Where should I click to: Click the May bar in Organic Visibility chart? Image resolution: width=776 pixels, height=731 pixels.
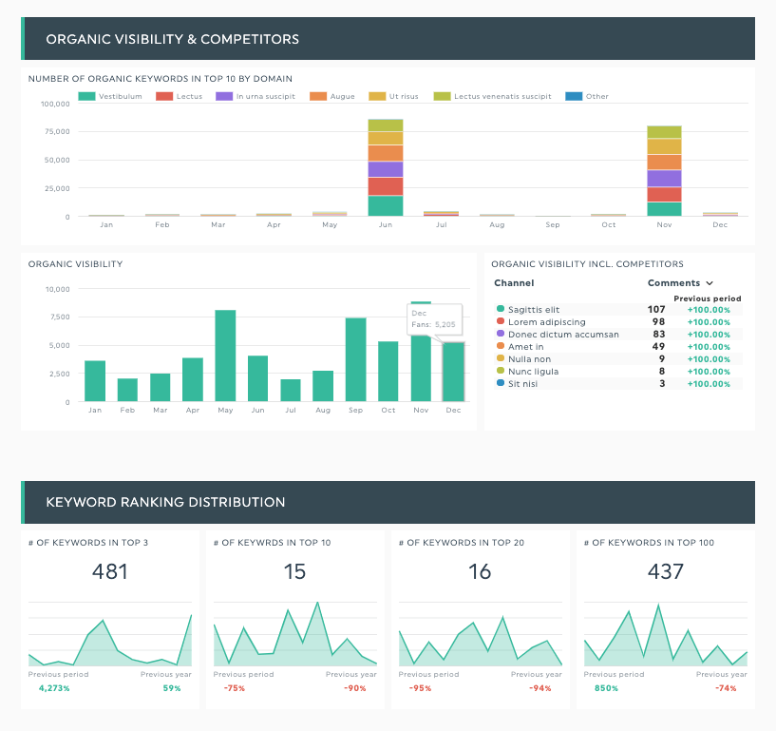point(225,356)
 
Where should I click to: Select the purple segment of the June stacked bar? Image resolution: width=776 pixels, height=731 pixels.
point(386,169)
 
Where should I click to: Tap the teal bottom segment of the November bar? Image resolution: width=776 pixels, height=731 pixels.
point(664,209)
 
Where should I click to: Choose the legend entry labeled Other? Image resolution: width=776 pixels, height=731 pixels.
point(588,96)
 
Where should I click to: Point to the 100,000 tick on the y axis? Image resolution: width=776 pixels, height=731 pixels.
point(54,104)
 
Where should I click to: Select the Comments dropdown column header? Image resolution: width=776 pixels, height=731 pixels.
point(679,283)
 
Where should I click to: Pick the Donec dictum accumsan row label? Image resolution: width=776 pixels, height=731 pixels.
point(563,334)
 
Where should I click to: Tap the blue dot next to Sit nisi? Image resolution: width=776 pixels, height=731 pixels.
point(501,383)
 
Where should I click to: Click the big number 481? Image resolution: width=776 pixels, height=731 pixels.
point(110,571)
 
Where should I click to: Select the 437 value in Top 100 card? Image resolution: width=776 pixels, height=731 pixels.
point(666,571)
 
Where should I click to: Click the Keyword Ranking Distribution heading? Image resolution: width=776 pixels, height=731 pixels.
point(165,502)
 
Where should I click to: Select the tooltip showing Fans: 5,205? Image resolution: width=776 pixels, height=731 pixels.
point(433,318)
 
